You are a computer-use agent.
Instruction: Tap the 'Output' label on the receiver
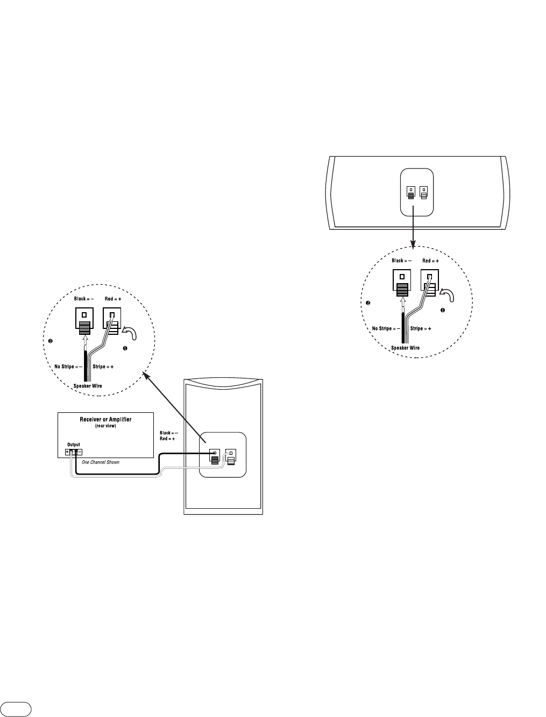(73, 445)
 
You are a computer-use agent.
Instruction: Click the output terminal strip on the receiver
(74, 452)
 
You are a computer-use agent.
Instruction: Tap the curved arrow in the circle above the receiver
(129, 332)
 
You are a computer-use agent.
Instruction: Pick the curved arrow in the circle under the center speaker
(446, 295)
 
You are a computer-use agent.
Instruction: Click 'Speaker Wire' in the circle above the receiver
(88, 385)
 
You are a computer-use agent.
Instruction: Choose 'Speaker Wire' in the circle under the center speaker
(405, 348)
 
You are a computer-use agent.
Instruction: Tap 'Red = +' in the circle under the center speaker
(430, 261)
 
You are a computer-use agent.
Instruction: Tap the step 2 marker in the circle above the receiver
(49, 341)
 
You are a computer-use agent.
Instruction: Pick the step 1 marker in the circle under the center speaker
(443, 311)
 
